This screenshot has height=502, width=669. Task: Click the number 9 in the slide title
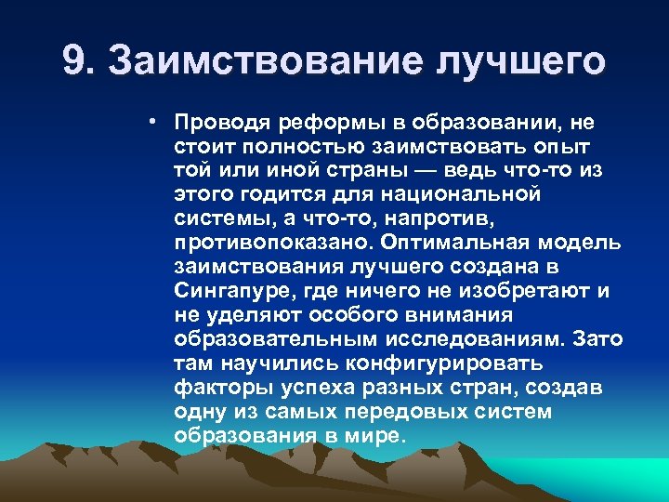[75, 62]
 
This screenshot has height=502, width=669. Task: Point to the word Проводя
[216, 123]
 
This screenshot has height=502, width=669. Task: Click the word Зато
[597, 338]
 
